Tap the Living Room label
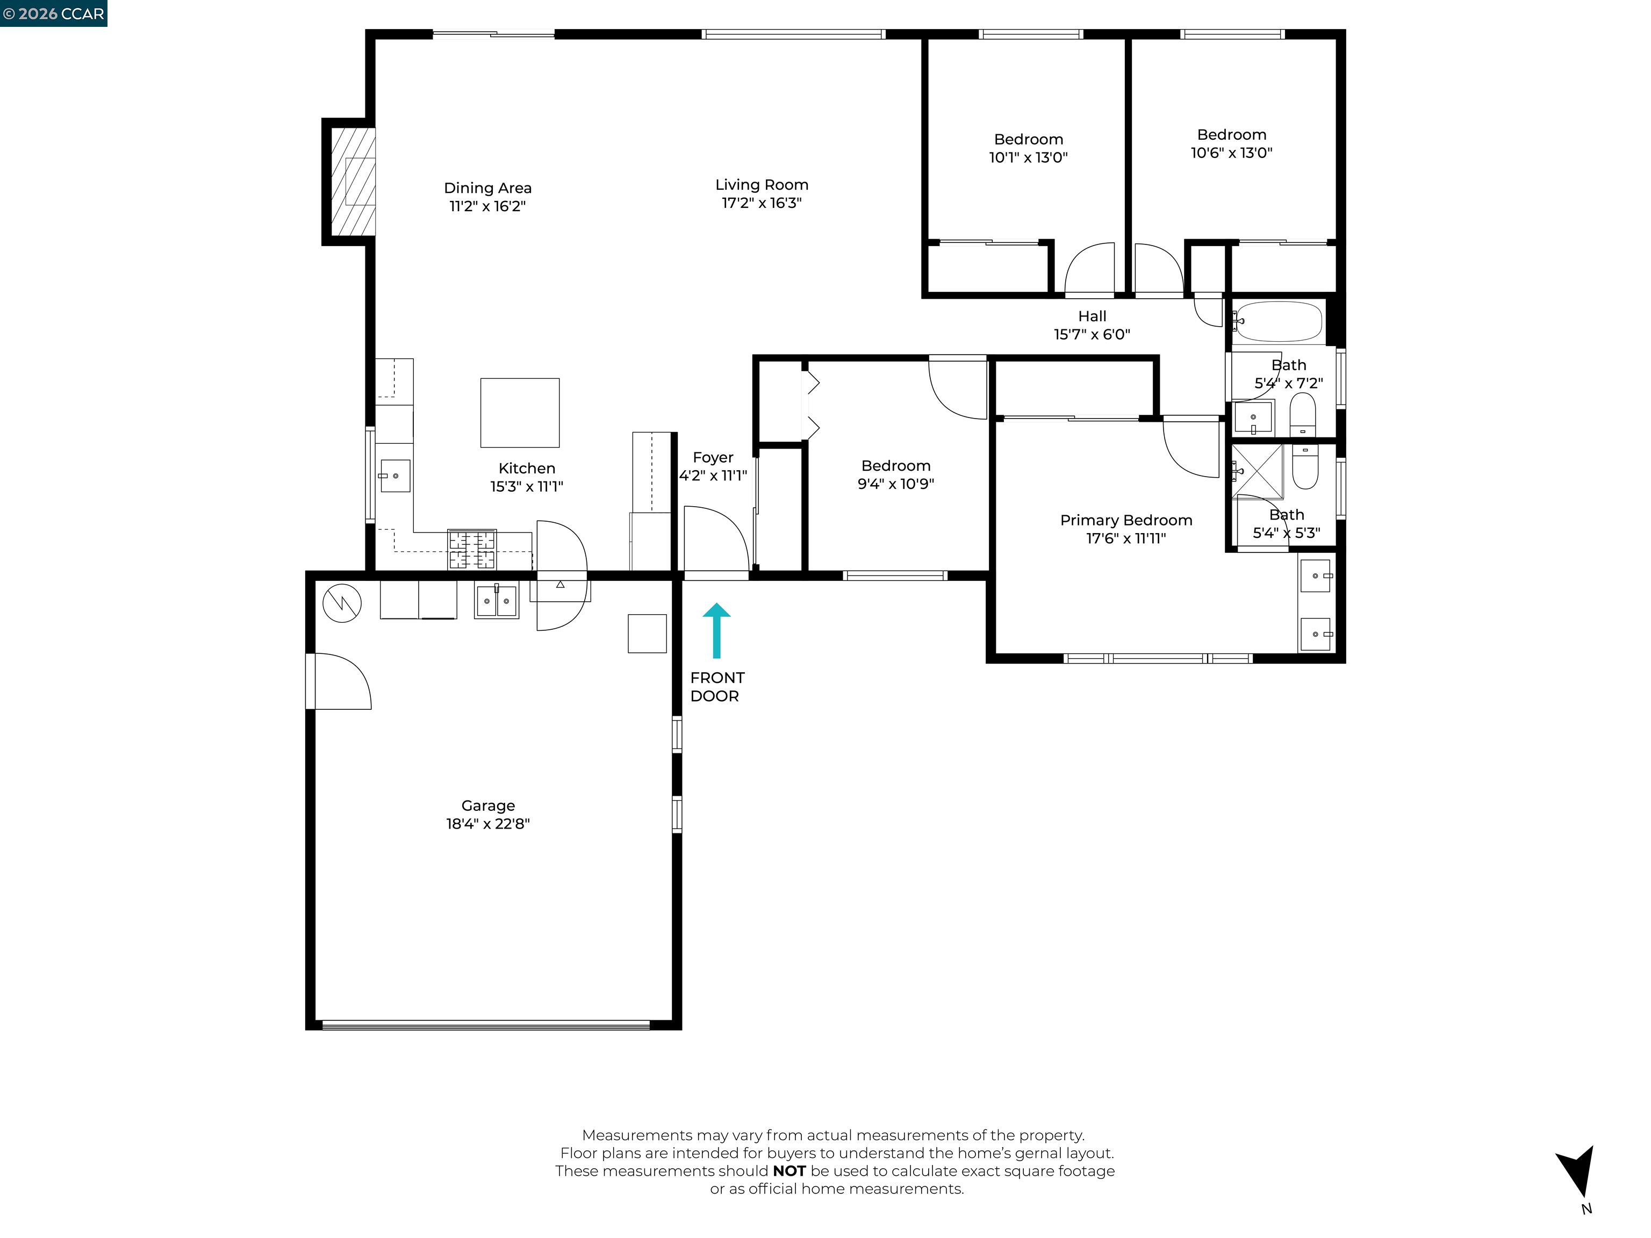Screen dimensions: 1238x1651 [762, 184]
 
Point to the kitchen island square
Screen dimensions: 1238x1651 [520, 413]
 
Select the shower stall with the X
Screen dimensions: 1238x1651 [1258, 470]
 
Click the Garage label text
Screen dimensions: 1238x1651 [487, 805]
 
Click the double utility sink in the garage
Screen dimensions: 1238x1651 [497, 601]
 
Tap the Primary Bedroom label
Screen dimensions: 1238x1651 [1125, 520]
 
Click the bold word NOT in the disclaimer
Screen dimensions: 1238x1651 [789, 1171]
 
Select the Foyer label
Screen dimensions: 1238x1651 [713, 457]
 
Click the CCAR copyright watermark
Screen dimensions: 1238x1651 [53, 13]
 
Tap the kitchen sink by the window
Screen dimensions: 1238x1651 [395, 476]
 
